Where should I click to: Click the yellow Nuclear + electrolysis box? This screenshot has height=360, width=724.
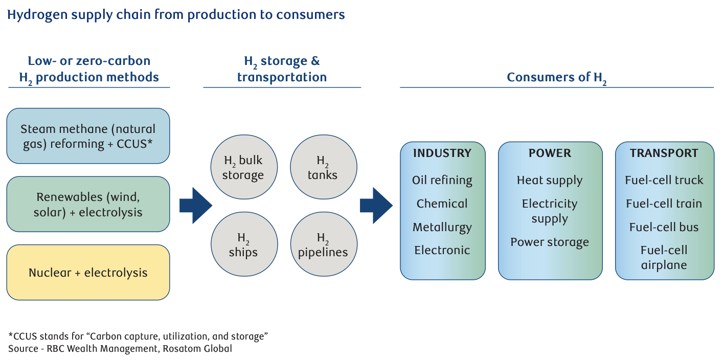click(x=88, y=273)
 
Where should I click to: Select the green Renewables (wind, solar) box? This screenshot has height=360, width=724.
click(x=88, y=204)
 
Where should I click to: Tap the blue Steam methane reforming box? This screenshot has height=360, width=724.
click(x=88, y=136)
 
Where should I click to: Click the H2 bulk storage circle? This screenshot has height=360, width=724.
click(x=244, y=167)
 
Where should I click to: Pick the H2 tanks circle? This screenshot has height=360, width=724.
click(x=323, y=167)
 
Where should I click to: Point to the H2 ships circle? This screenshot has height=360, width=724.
click(x=244, y=244)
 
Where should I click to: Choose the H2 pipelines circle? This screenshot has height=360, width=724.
click(x=323, y=244)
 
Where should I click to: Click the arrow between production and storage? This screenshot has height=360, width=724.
click(x=195, y=206)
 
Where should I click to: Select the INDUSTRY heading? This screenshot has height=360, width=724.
click(x=442, y=153)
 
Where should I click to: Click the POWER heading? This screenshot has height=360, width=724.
click(x=550, y=153)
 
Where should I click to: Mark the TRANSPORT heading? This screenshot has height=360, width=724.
click(x=664, y=153)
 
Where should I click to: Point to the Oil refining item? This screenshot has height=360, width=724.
click(x=442, y=180)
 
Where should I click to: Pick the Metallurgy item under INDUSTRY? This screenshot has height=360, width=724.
click(x=442, y=227)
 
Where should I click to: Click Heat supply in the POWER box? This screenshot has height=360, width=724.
click(x=550, y=180)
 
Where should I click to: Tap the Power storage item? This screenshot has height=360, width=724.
click(x=550, y=242)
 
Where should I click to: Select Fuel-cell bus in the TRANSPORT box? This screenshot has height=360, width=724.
click(x=664, y=227)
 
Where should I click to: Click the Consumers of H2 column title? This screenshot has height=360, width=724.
click(x=556, y=78)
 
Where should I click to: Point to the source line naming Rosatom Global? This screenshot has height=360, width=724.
click(x=120, y=349)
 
